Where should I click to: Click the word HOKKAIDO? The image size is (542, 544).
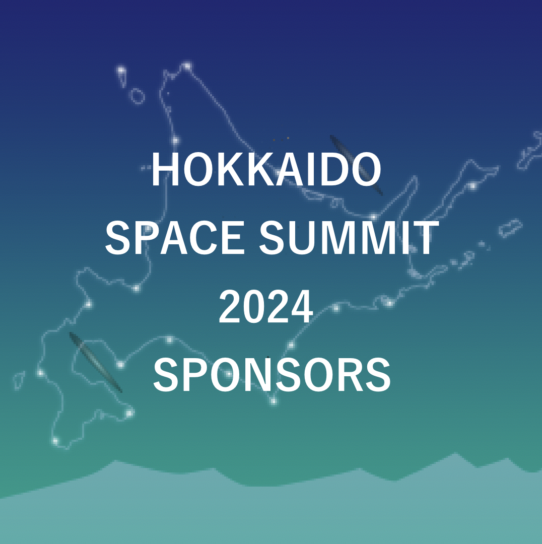click(266, 170)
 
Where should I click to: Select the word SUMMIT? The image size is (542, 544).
click(349, 238)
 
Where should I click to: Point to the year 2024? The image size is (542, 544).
click(266, 307)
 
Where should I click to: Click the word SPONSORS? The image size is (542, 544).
click(272, 375)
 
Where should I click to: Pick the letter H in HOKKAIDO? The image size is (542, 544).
click(165, 170)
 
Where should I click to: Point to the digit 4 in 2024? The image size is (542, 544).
click(301, 307)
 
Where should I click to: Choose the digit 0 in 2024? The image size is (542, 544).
click(254, 307)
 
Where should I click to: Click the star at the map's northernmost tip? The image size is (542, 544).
click(187, 65)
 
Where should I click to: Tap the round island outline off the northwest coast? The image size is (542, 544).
click(137, 96)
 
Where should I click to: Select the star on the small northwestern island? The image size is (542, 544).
click(121, 71)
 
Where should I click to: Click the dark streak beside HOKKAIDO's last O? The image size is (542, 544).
click(356, 165)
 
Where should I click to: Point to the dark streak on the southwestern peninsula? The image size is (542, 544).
click(96, 362)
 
